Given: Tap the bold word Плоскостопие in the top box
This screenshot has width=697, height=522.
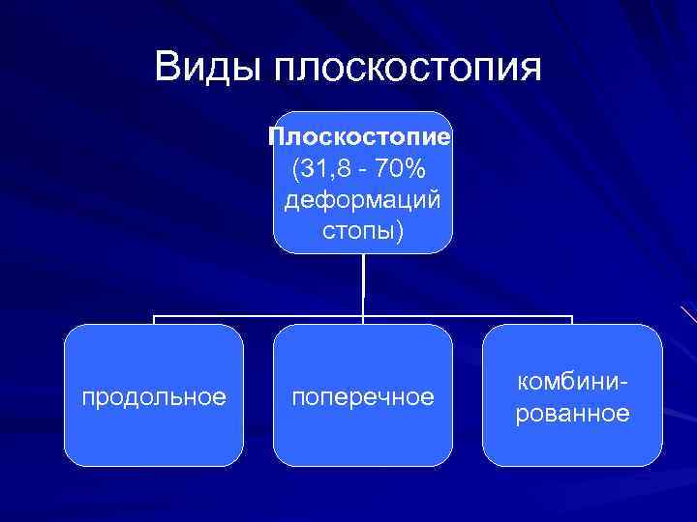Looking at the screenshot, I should pos(360,137).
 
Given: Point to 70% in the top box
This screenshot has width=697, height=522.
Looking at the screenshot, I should pos(400,169).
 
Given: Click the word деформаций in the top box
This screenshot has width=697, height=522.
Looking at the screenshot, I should pos(363,201).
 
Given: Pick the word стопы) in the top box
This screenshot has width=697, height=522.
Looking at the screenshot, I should pos(363,233).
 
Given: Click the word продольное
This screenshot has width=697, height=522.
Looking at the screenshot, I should pos(154,397).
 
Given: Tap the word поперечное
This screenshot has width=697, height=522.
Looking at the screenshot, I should pos(363,397).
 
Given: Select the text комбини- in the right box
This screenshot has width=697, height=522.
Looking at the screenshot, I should pos(572,382).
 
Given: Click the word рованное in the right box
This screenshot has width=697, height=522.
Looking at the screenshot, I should pos(572,414).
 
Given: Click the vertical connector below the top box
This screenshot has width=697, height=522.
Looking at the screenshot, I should pos(363,285).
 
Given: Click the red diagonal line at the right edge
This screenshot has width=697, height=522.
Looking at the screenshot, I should pos(688,313).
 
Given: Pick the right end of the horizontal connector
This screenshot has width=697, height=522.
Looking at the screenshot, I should pos(572,317).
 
